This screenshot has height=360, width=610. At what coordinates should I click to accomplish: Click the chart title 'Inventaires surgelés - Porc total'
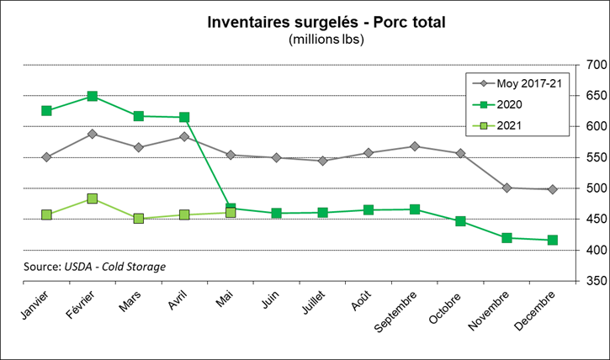click(x=326, y=21)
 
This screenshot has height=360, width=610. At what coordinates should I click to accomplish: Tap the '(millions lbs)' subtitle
click(x=326, y=40)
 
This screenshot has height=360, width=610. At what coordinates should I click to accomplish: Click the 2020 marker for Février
click(x=93, y=97)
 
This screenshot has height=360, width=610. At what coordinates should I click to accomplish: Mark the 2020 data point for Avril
click(x=184, y=118)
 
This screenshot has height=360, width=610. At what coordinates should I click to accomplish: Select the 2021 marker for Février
click(x=93, y=199)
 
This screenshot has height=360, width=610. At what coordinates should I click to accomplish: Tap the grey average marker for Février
click(x=93, y=134)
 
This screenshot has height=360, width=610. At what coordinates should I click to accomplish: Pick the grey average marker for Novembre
click(x=507, y=188)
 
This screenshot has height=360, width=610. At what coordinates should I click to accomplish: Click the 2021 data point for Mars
click(x=139, y=219)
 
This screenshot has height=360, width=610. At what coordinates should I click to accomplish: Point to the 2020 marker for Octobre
click(x=460, y=221)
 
